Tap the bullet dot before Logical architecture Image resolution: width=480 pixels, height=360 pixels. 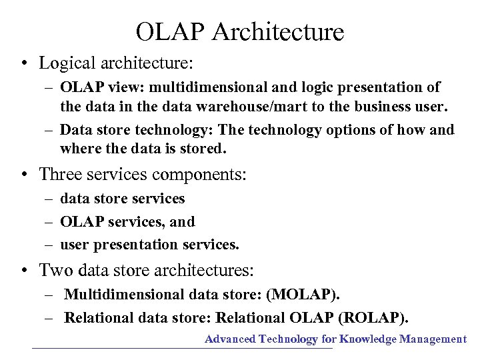(23, 64)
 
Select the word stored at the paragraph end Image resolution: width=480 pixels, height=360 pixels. (205, 148)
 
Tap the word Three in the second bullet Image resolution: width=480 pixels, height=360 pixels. (61, 175)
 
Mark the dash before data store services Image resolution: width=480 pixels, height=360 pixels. (50, 199)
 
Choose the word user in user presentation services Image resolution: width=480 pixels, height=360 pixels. (75, 245)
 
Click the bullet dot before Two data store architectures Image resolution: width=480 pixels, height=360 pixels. (23, 271)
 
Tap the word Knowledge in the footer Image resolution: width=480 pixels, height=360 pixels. (368, 339)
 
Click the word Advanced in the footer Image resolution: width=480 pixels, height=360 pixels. (230, 339)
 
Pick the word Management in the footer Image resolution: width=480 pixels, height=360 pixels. (433, 339)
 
